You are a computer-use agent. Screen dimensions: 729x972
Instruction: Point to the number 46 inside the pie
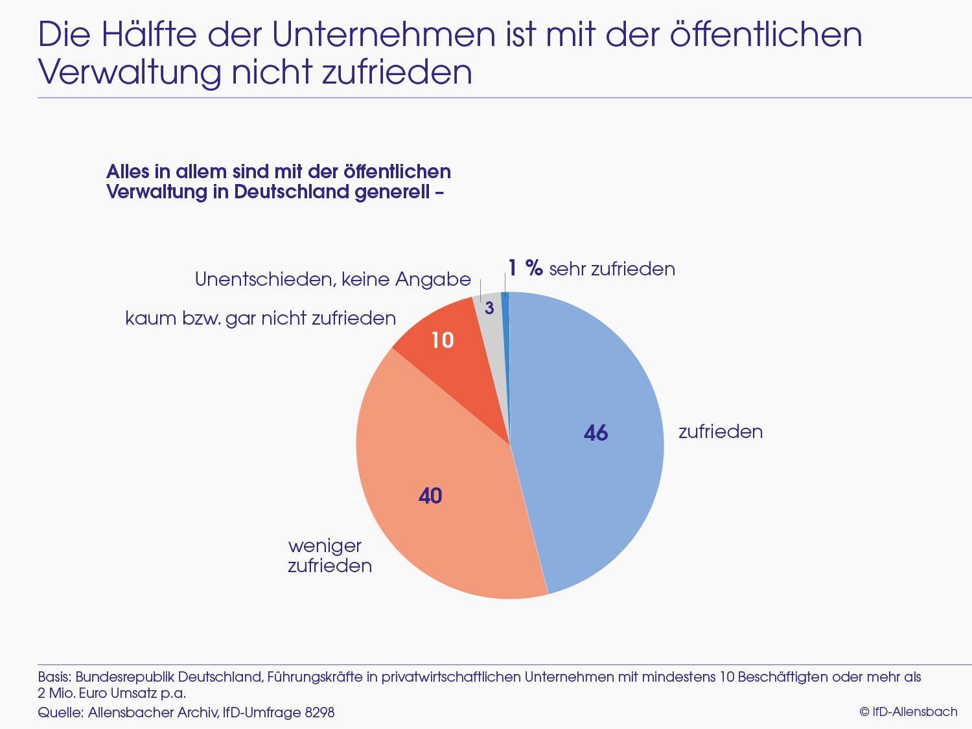tap(596, 433)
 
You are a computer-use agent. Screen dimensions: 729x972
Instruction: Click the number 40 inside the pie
tap(430, 496)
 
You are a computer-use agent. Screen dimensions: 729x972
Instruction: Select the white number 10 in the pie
tap(443, 340)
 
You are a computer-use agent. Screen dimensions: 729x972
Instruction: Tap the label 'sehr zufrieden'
tap(612, 269)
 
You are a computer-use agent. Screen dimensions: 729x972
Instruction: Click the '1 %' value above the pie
tap(525, 268)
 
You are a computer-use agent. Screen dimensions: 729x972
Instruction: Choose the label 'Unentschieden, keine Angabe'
tap(332, 279)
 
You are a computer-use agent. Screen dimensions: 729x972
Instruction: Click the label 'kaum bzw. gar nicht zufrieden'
tap(260, 318)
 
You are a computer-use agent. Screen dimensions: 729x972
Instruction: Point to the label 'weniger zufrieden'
tap(329, 555)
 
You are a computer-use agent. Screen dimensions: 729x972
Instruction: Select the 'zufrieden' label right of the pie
tap(720, 432)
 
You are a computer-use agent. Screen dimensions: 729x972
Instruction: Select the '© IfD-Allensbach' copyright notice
tap(908, 712)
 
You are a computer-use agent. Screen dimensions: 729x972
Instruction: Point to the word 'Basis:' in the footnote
tap(54, 677)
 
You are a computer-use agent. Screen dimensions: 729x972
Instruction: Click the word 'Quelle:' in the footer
tap(60, 712)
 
